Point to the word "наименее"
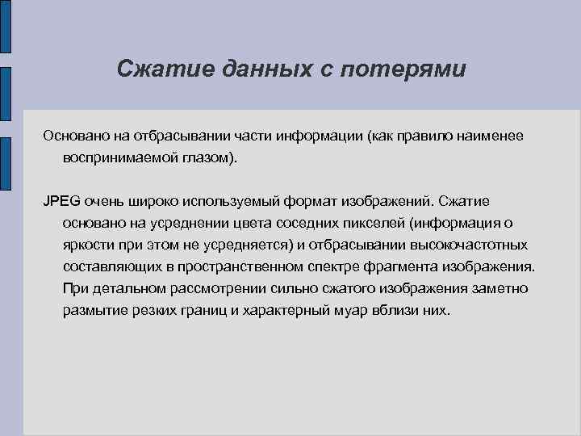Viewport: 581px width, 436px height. click(488, 136)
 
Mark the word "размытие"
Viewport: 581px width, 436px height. click(94, 311)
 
